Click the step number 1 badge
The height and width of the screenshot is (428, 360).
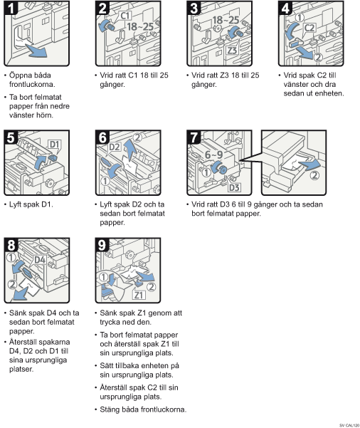[x=11, y=8]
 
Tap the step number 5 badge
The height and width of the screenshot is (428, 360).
[x=11, y=137]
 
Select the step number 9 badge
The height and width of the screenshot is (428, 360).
[x=102, y=245]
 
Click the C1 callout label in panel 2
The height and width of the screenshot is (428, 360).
[x=125, y=16]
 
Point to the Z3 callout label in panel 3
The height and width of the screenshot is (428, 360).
[x=232, y=51]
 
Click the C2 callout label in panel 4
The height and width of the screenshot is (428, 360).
[x=309, y=28]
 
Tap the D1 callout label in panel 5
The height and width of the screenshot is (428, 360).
[x=55, y=145]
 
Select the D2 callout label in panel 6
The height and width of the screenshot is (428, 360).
[x=115, y=147]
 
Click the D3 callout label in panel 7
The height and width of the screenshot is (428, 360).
[x=234, y=187]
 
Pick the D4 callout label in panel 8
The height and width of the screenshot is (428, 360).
[x=40, y=260]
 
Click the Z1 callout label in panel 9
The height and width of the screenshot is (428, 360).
[x=139, y=295]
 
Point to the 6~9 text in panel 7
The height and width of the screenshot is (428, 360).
[x=214, y=155]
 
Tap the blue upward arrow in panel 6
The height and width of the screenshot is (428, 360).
[x=130, y=150]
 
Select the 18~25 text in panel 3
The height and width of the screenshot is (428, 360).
[x=226, y=20]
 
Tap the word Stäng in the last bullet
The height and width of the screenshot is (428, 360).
[x=110, y=409]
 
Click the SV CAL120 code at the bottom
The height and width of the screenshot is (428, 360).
[x=349, y=425]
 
